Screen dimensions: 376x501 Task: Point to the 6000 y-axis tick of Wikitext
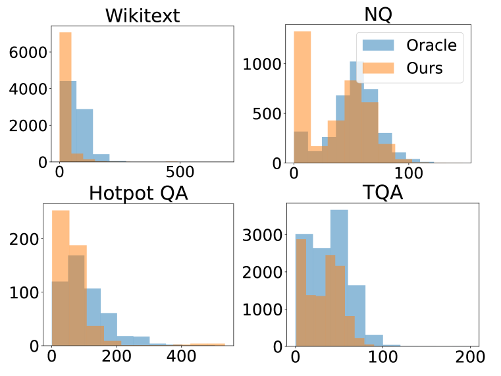[28, 52]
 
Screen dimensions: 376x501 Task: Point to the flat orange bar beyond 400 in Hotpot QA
[207, 344]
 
